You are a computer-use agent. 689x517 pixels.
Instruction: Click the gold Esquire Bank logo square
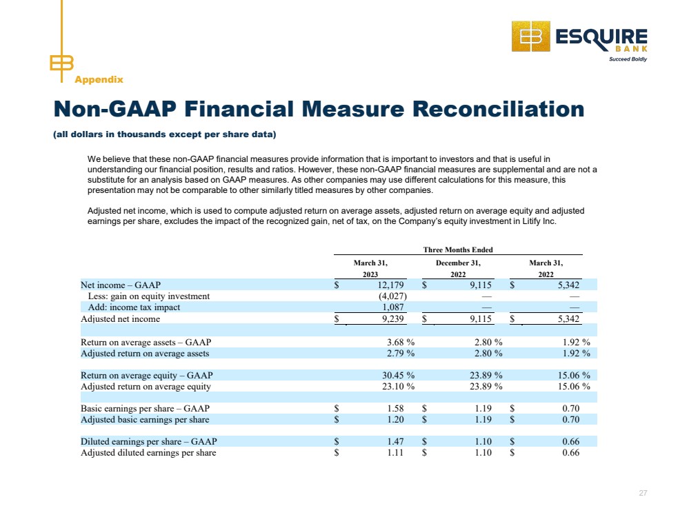click(x=531, y=37)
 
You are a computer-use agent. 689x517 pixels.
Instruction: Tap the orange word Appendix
click(x=99, y=79)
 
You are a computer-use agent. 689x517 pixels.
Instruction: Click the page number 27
click(x=643, y=493)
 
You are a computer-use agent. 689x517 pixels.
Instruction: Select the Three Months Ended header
click(x=458, y=250)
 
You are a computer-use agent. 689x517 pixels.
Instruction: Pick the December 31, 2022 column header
click(x=458, y=268)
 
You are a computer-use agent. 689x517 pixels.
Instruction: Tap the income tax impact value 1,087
click(x=393, y=307)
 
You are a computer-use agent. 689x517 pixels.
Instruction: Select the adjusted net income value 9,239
click(x=392, y=318)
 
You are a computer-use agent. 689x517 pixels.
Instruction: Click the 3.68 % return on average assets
click(x=401, y=342)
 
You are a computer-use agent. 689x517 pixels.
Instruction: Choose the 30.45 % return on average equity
click(x=398, y=375)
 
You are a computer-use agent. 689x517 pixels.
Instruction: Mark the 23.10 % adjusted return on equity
click(x=398, y=386)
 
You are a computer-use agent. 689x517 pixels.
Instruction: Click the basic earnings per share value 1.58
click(x=395, y=408)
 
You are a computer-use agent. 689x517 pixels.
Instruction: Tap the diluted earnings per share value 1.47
click(x=395, y=441)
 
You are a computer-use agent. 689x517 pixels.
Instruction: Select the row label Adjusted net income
click(x=121, y=319)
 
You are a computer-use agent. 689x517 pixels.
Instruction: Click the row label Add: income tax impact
click(x=134, y=307)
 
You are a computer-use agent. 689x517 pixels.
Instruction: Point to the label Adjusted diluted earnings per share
click(x=148, y=452)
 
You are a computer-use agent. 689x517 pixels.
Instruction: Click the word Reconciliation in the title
click(x=498, y=108)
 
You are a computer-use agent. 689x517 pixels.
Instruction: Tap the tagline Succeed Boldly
click(x=628, y=59)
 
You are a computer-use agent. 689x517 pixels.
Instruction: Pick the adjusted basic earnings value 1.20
click(x=395, y=419)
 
